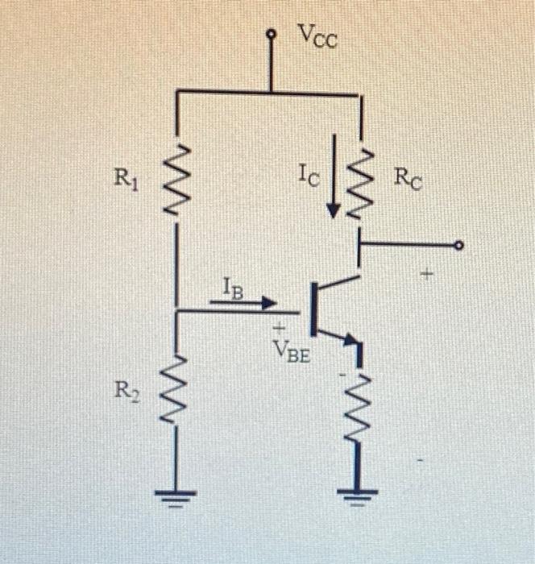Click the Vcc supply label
(317, 36)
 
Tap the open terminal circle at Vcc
(272, 35)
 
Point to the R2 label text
(126, 392)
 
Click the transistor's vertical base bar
(313, 309)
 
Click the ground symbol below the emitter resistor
(359, 495)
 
